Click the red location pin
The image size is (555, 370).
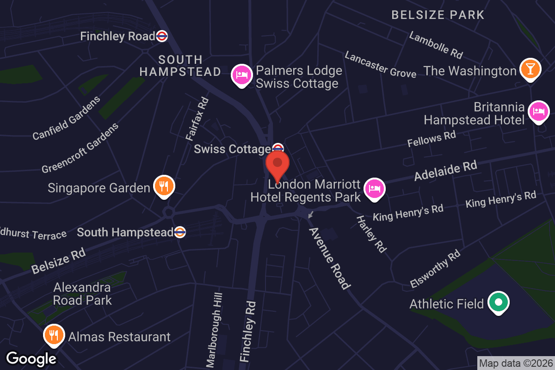click(277, 165)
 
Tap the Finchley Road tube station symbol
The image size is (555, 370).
click(162, 36)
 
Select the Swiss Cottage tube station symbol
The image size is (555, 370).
click(277, 148)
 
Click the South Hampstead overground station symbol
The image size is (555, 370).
click(180, 232)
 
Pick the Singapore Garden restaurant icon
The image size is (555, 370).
click(163, 185)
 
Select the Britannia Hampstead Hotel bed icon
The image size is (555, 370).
click(539, 111)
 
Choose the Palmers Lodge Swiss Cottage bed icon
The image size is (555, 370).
click(241, 74)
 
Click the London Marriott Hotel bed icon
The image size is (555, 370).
click(374, 188)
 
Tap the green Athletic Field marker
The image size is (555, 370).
click(499, 302)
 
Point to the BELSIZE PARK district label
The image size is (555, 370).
click(438, 15)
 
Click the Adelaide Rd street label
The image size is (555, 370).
click(445, 171)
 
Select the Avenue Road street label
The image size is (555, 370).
click(329, 258)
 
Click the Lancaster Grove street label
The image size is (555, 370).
click(380, 64)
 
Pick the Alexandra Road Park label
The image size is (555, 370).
click(82, 294)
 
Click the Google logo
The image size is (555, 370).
click(31, 358)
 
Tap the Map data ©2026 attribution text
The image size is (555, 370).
click(515, 364)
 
